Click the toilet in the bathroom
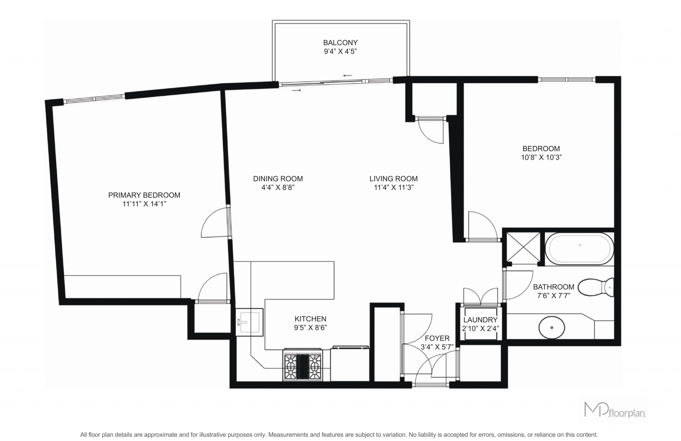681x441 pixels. click(x=596, y=287)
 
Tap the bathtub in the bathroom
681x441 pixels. click(x=579, y=249)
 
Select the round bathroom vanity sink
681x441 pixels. click(x=552, y=327)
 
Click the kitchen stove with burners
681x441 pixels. click(x=303, y=365)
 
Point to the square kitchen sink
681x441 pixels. click(x=250, y=322)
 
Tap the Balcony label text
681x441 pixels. click(x=340, y=43)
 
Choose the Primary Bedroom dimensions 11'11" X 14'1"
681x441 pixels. click(x=144, y=204)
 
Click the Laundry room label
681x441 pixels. click(x=480, y=320)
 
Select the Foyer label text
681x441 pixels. click(x=437, y=338)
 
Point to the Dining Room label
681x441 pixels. click(x=278, y=179)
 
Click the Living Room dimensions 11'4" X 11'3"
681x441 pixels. click(x=394, y=188)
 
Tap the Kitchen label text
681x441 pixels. click(x=310, y=319)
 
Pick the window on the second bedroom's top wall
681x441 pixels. click(x=566, y=80)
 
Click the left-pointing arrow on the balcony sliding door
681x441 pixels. click(x=348, y=75)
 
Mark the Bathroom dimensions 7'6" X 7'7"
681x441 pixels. click(x=553, y=296)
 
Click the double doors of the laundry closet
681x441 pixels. click(x=481, y=296)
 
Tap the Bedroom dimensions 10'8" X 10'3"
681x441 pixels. click(x=541, y=158)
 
